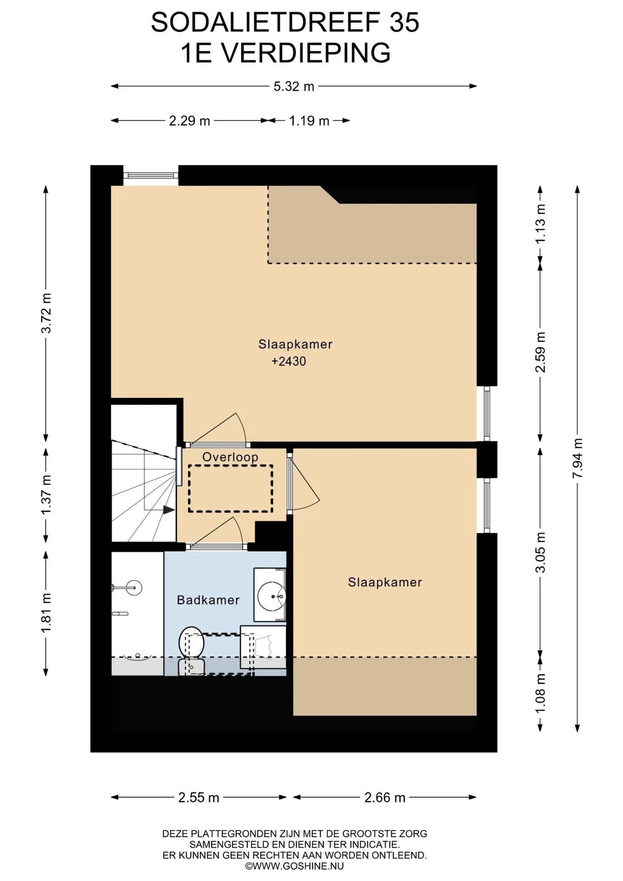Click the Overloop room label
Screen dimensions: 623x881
click(230, 457)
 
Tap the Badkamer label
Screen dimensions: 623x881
click(208, 600)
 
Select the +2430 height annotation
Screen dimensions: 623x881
click(289, 362)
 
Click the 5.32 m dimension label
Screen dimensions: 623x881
click(294, 86)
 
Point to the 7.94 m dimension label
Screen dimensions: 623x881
click(578, 458)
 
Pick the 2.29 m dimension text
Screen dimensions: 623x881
click(189, 121)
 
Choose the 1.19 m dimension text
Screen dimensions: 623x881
click(309, 121)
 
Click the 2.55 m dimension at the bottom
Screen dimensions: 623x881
click(199, 797)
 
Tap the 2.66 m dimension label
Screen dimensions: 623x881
click(385, 797)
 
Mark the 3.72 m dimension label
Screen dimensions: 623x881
click(46, 313)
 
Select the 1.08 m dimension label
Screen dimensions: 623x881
click(541, 693)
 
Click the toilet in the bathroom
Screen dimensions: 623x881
click(191, 651)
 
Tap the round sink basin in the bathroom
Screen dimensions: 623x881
click(272, 596)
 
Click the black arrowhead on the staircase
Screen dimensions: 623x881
click(169, 509)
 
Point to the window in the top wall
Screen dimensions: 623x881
click(150, 175)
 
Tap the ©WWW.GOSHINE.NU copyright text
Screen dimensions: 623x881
click(294, 866)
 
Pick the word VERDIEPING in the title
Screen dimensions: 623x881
click(306, 53)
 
